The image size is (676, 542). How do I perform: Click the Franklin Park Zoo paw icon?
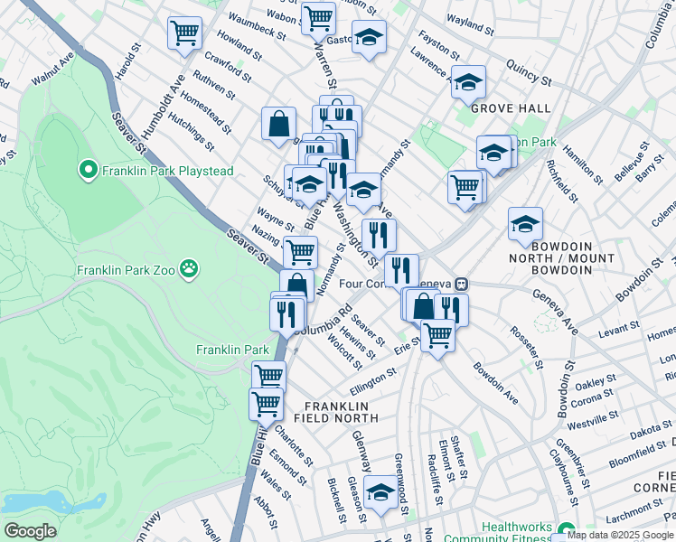pos(188,268)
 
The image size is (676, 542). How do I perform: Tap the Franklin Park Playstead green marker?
pos(88,170)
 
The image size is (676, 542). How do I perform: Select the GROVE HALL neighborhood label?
pos(511,108)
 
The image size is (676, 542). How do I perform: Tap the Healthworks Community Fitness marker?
pos(567,530)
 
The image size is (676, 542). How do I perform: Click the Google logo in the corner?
pos(30,531)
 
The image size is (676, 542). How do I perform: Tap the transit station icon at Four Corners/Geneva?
pos(461,283)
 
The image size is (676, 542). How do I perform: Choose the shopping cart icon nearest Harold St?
pos(184,33)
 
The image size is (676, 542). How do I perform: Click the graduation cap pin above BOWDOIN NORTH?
pos(525,223)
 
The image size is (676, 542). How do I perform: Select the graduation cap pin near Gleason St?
pos(381,491)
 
